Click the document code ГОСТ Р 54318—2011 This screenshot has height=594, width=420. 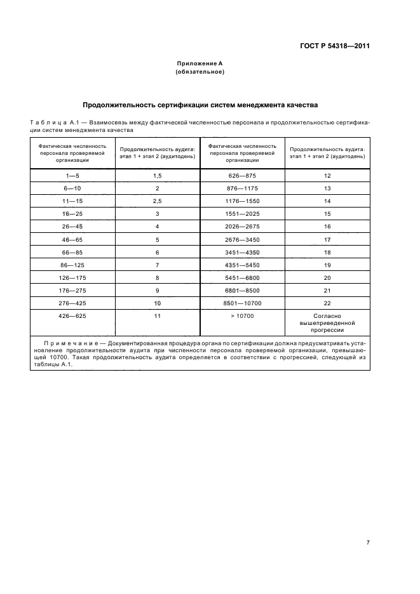coord(334,46)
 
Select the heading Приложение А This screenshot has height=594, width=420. coord(200,64)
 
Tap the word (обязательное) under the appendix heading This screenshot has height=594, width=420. coord(200,72)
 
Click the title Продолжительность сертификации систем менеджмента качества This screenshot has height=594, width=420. coord(200,105)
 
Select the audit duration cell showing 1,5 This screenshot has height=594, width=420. coord(158,175)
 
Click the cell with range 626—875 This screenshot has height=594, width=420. coord(242,175)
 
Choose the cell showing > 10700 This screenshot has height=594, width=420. coord(242,315)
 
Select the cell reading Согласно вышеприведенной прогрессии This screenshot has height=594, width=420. coord(327,322)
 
